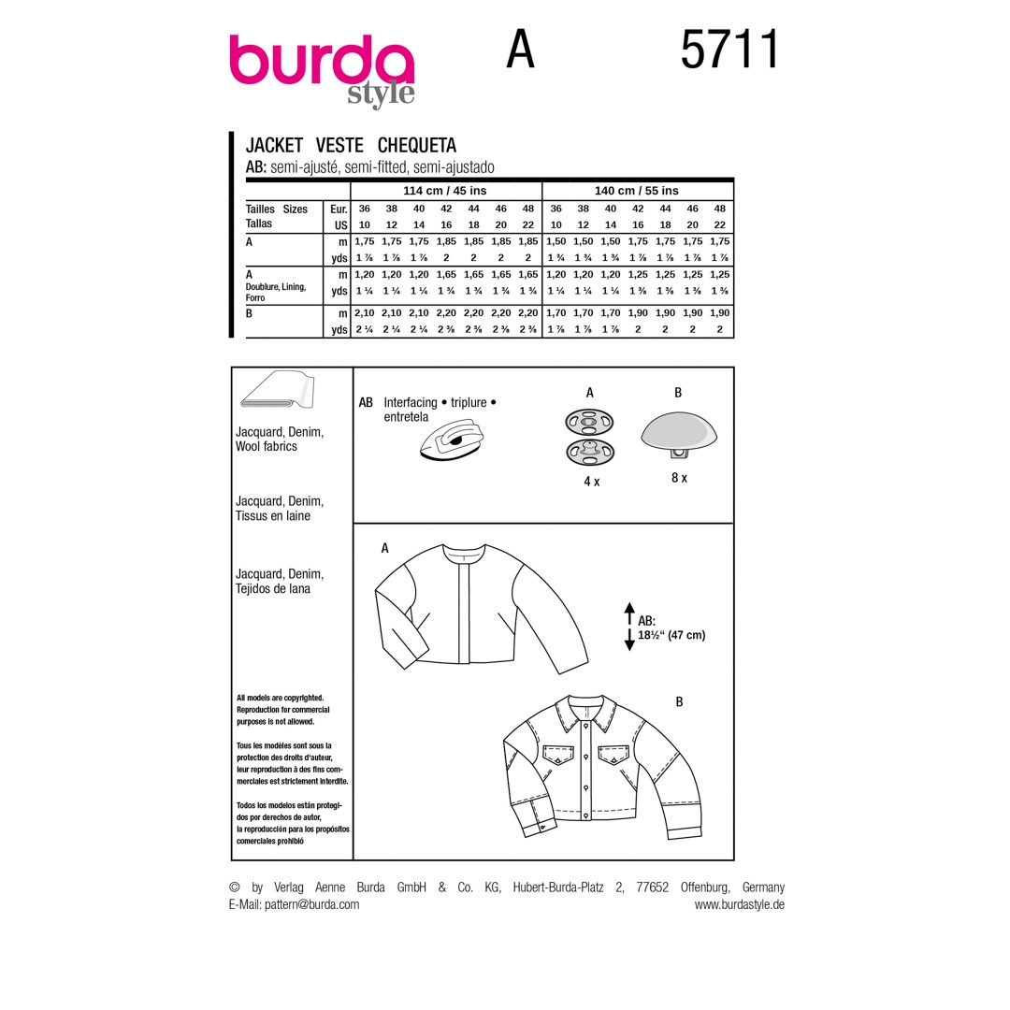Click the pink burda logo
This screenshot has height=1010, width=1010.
point(322,61)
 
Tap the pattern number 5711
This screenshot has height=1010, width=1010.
point(729,50)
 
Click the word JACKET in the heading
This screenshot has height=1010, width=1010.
point(274,145)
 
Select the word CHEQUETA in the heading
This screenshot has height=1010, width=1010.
point(417,145)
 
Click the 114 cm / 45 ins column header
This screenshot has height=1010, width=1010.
point(444,191)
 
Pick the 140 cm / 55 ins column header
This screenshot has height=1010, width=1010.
point(637,191)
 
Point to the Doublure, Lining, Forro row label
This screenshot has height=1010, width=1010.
point(276,292)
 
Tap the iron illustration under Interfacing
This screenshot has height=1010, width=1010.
point(451,440)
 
